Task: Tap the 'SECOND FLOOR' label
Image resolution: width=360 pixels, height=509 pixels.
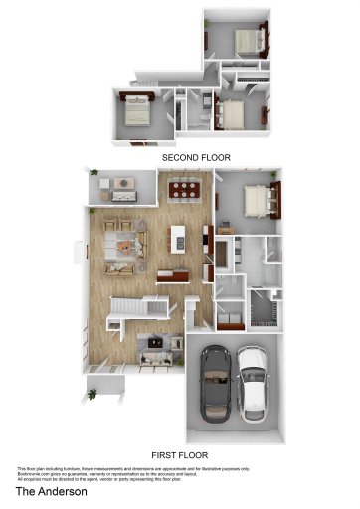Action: coord(196,157)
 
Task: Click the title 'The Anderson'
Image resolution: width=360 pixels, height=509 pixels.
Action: coord(51,491)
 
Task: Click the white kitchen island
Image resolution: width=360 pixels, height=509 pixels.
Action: coord(179,238)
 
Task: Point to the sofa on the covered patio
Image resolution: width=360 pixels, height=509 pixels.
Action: coord(123,184)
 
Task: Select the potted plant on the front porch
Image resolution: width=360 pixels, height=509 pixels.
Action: coord(93,394)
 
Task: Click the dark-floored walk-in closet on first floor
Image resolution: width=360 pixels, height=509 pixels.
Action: coord(264,310)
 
